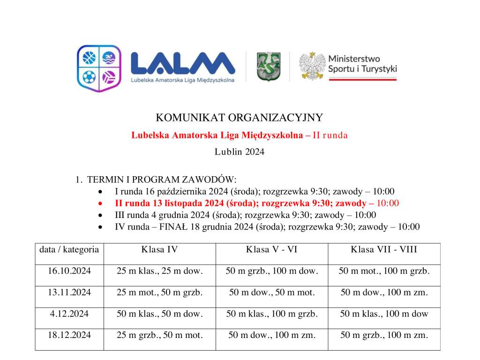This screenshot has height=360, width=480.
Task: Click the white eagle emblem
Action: coord(312,66)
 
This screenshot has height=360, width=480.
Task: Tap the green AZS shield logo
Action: coord(268,66)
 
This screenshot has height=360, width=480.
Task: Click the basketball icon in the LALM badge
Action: coord(89,58)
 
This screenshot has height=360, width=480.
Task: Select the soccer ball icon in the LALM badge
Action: coord(89,76)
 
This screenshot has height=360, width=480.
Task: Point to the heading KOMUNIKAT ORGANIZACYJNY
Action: coord(240,117)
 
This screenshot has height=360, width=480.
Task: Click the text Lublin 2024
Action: coord(240,152)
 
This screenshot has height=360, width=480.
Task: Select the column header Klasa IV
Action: coord(159,249)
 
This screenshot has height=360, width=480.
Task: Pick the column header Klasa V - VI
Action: coord(272,249)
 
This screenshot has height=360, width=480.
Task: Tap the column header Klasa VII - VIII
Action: coord(384,249)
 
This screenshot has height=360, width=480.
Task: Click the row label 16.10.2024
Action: coord(69,271)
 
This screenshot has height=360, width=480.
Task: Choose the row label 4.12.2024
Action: coord(69,314)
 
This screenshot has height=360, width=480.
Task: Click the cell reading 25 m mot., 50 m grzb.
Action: coord(159,292)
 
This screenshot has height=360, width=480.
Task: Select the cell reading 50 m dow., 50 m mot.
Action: coord(272,292)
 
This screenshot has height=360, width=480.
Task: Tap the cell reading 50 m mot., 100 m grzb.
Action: coord(384,271)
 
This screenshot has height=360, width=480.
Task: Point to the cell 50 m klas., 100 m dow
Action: coord(384,314)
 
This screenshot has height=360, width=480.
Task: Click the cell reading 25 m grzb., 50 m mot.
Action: coord(159,335)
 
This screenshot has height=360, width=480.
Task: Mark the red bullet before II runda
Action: coord(100,204)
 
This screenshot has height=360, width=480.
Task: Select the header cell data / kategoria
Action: coord(69,249)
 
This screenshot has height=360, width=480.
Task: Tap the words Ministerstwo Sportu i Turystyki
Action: coord(362,64)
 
